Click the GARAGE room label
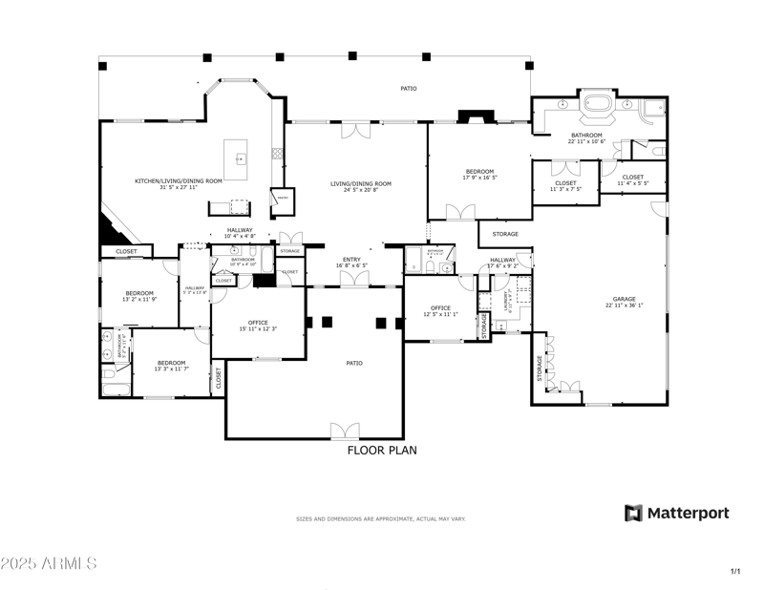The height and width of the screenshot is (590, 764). [625, 300]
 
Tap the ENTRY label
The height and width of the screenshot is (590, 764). [352, 259]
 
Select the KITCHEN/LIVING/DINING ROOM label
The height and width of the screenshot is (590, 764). [178, 180]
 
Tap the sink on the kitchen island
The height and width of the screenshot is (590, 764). [241, 158]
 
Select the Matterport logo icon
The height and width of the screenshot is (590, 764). [634, 514]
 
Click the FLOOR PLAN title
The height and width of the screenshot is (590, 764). [382, 450]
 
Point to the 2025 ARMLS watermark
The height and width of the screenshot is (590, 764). [49, 564]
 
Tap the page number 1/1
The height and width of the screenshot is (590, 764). [735, 571]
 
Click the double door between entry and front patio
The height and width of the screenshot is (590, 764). [352, 279]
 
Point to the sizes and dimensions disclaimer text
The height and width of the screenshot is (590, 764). [381, 518]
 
